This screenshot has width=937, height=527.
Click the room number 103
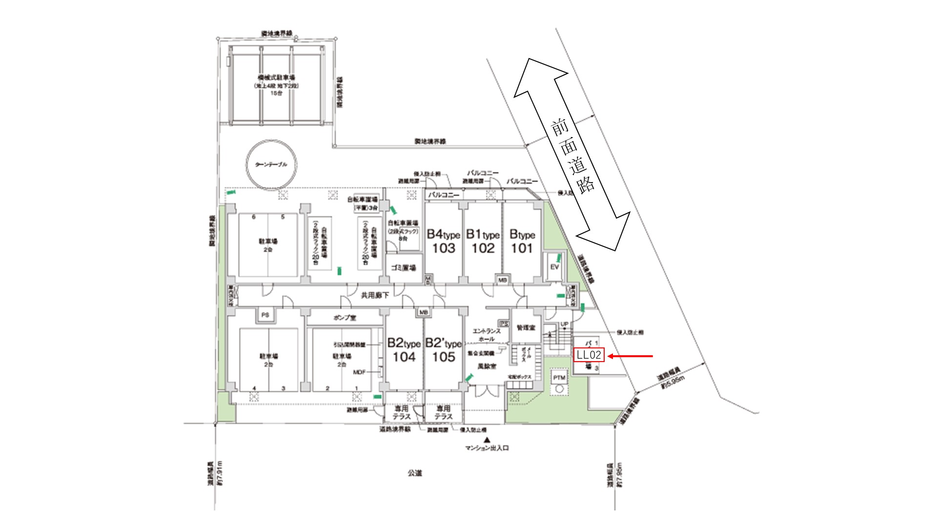(443, 248)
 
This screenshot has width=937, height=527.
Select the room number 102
(483, 248)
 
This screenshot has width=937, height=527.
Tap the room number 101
(522, 248)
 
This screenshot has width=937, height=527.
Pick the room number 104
(404, 357)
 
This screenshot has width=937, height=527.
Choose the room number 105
(443, 357)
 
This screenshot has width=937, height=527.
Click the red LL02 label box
(589, 355)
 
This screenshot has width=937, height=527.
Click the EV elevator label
(554, 267)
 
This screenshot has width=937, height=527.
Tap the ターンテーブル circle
(271, 164)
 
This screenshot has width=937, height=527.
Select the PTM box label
(559, 377)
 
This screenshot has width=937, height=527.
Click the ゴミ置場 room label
(404, 268)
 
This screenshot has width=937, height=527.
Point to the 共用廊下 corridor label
(375, 295)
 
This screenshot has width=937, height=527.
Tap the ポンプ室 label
(345, 318)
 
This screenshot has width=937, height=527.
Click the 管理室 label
(526, 327)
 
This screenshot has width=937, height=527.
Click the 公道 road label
(414, 473)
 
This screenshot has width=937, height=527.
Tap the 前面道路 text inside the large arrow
(572, 157)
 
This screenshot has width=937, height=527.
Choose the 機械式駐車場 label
(276, 78)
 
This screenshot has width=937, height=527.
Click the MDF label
(359, 372)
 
